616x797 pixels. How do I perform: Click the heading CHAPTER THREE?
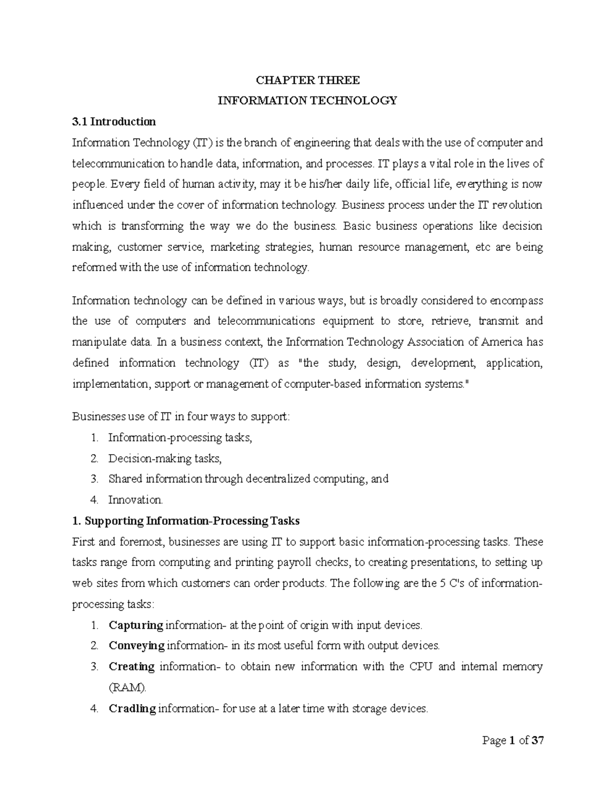tap(307, 80)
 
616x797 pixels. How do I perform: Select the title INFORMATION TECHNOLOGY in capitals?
tap(307, 101)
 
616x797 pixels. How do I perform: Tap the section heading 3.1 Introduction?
tap(113, 122)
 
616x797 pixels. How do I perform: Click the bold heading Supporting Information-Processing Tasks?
tap(191, 521)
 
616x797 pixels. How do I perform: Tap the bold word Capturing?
tap(136, 625)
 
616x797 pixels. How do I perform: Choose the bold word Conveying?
tap(137, 646)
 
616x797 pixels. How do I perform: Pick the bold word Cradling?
tap(132, 709)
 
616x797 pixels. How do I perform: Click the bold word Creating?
tap(131, 667)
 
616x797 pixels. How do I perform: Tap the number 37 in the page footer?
tap(537, 741)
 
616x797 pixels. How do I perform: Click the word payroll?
tap(295, 562)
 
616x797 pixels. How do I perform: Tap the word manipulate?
tap(98, 342)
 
